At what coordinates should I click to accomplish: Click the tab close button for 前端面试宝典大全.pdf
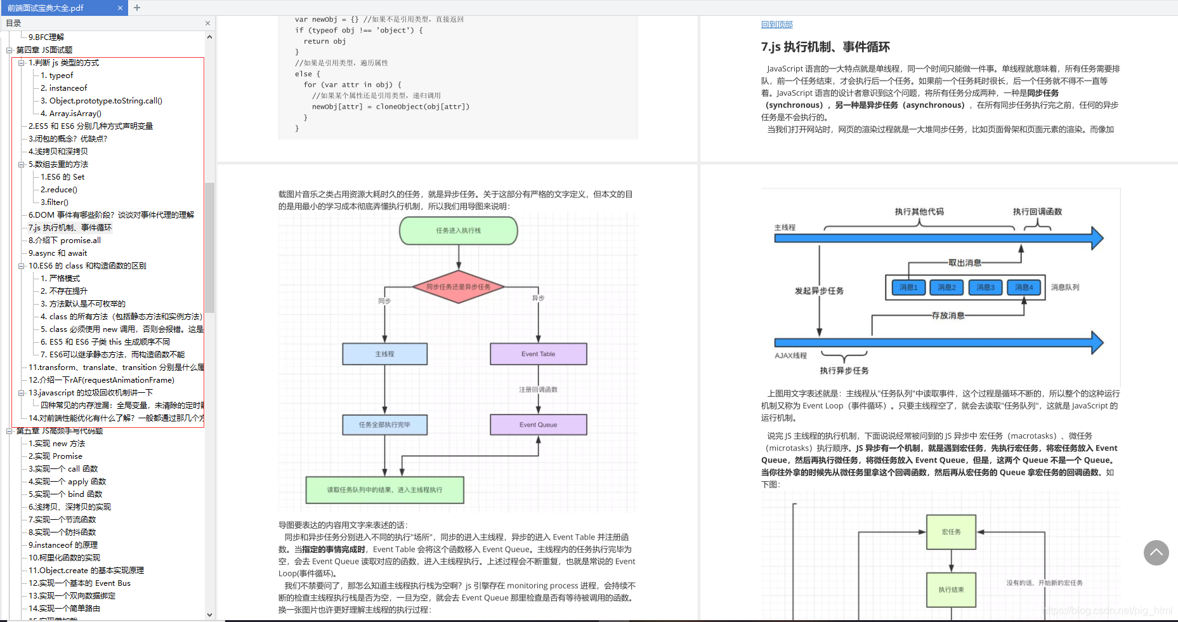click(x=120, y=8)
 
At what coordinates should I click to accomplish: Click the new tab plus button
click(x=137, y=8)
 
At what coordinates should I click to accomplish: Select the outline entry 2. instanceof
click(x=63, y=88)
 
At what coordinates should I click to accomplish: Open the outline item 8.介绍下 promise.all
click(x=64, y=241)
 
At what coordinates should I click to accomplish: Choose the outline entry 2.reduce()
click(x=58, y=190)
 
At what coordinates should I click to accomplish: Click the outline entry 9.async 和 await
click(x=57, y=253)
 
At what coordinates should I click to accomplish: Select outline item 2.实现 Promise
click(x=55, y=456)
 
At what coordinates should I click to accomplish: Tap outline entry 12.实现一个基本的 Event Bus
click(x=79, y=583)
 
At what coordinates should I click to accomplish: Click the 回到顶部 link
click(x=776, y=24)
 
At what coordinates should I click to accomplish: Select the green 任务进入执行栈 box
click(x=458, y=230)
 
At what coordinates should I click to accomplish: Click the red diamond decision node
click(x=458, y=287)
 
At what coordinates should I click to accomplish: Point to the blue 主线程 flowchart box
click(x=384, y=354)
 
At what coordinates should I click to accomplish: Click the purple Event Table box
click(x=538, y=354)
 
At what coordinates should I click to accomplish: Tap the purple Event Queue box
click(x=538, y=425)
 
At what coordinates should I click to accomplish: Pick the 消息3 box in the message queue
click(x=985, y=288)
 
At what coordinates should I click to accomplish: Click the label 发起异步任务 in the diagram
click(x=819, y=291)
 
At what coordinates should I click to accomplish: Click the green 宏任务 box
click(x=951, y=532)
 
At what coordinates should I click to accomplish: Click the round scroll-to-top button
click(x=1156, y=553)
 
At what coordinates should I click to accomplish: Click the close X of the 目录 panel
click(x=207, y=23)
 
